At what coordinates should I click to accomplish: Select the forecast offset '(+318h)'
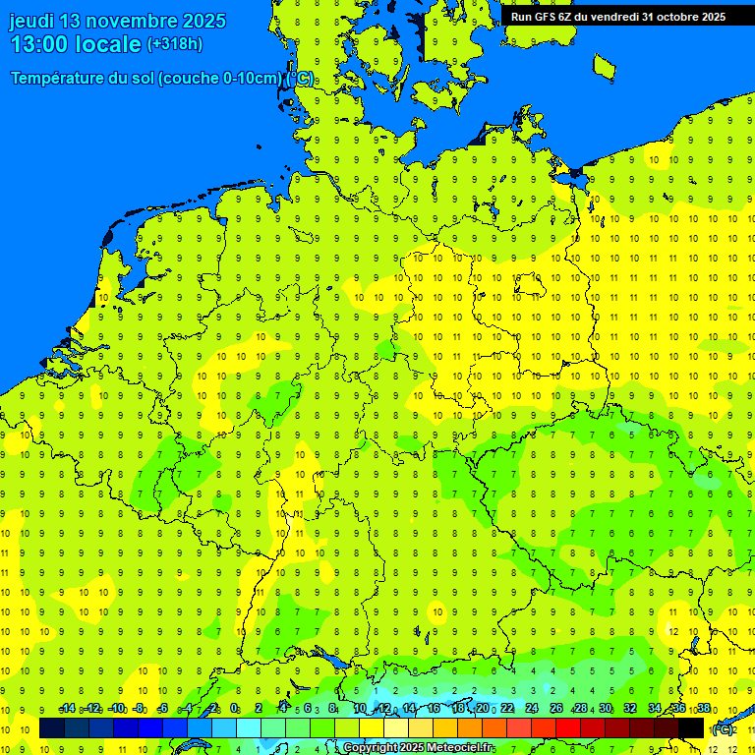click(x=176, y=44)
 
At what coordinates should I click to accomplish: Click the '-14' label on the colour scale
click(x=67, y=709)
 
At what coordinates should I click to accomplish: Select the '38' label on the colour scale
click(x=703, y=709)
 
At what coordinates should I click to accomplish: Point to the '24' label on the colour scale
click(x=532, y=709)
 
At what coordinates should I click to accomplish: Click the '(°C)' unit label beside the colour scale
click(x=722, y=729)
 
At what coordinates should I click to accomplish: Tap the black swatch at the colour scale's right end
click(x=691, y=728)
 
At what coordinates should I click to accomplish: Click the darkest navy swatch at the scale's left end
click(x=52, y=728)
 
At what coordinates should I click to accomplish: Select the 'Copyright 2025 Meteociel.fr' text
click(x=418, y=748)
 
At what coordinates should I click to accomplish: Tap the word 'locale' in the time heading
click(x=111, y=44)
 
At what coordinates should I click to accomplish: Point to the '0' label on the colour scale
click(x=234, y=709)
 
